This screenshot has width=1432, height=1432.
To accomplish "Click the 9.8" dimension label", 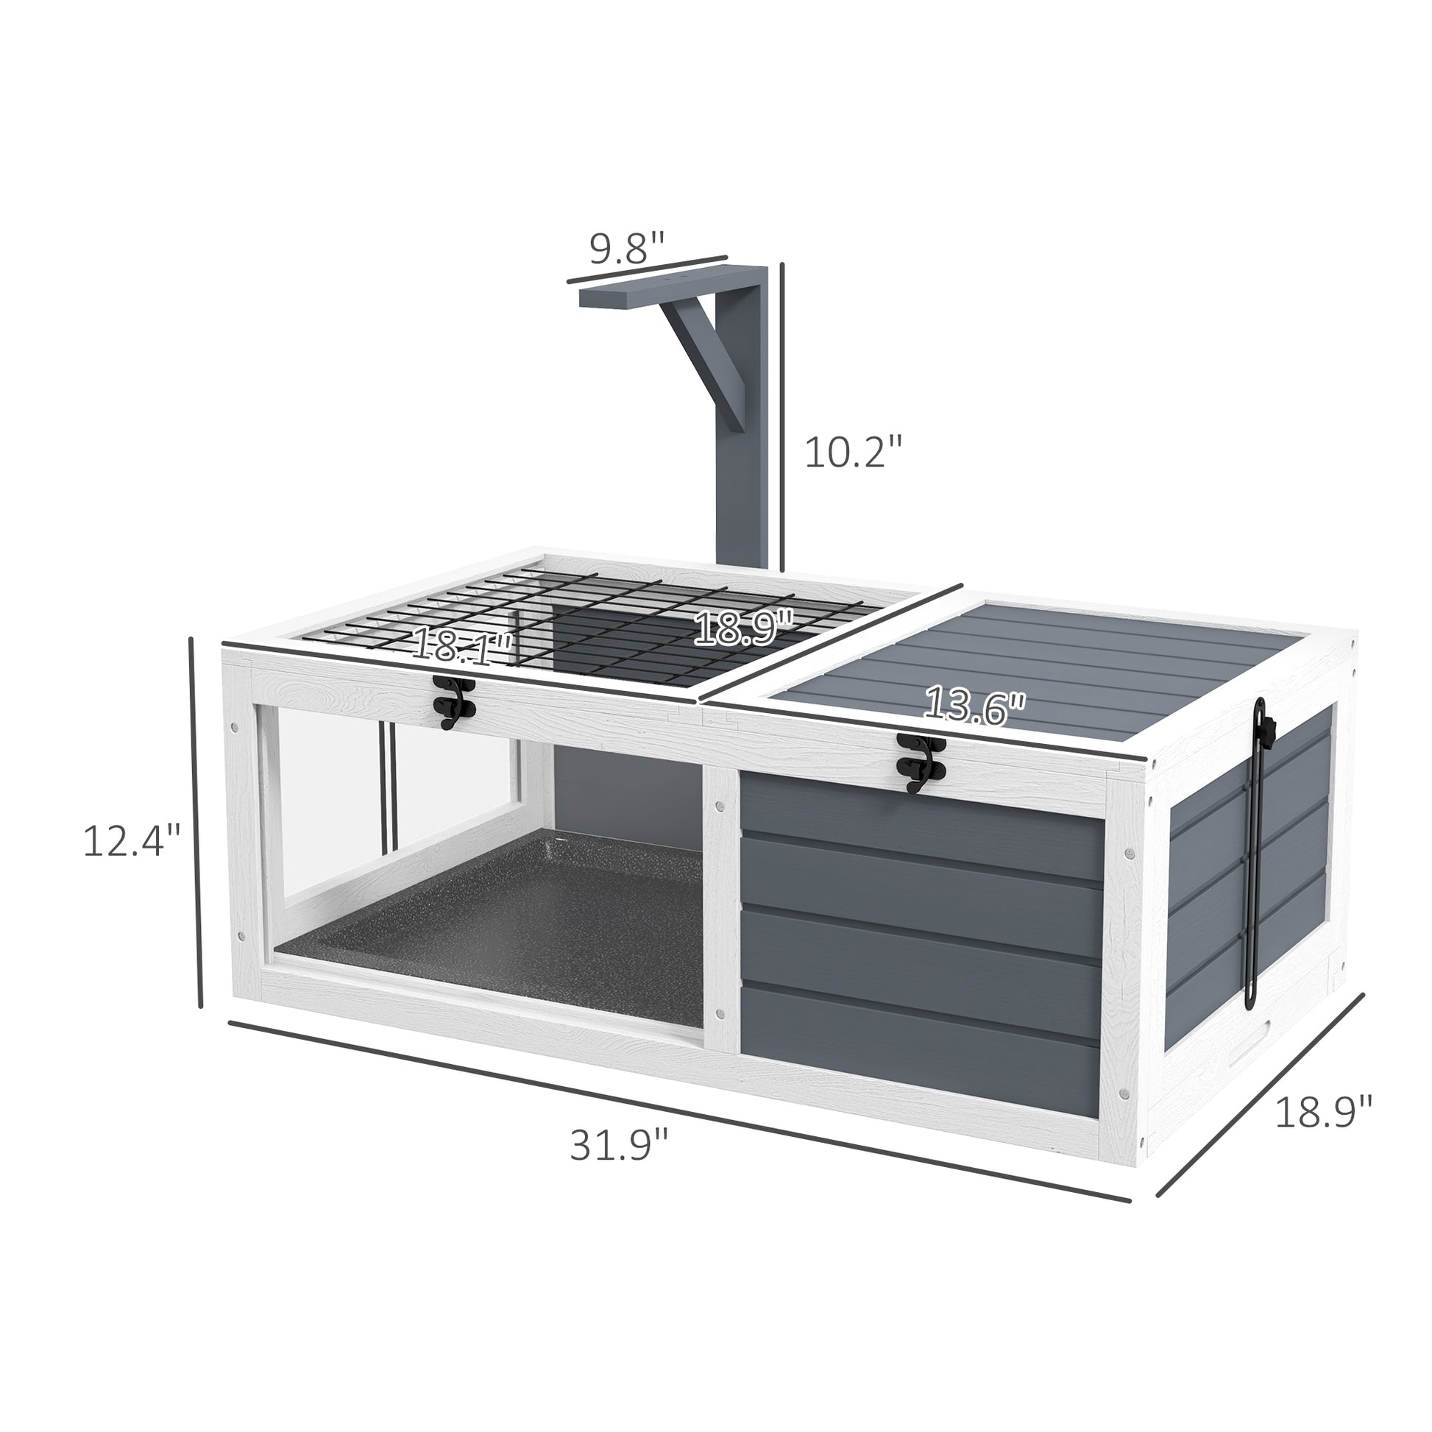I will coord(627,247).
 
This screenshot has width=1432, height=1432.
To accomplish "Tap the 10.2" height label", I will coord(855,452).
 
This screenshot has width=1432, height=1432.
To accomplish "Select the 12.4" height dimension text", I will coord(132,841).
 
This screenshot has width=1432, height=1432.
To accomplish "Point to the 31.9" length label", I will coord(619,1164).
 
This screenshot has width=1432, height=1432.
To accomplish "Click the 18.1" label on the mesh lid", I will coord(462,645).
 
